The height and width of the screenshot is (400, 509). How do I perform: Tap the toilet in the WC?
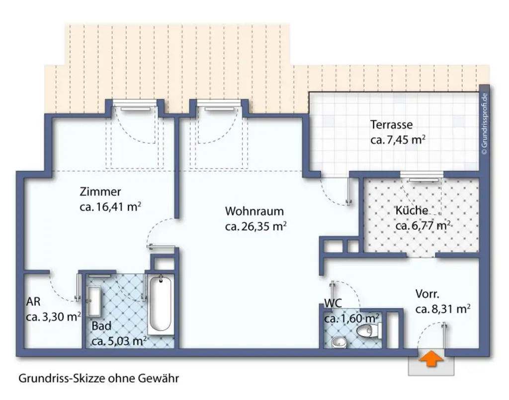click(x=371, y=330)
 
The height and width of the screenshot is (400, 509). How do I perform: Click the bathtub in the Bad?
click(x=161, y=305)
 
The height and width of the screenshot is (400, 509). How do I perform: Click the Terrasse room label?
click(x=391, y=125)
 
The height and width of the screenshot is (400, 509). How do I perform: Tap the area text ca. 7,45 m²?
click(x=398, y=140)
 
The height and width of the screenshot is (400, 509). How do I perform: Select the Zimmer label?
click(x=100, y=192)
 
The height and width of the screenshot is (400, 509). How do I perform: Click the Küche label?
click(x=411, y=210)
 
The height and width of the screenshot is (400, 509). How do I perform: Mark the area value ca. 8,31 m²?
click(x=443, y=309)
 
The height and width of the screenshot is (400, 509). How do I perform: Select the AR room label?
click(x=33, y=301)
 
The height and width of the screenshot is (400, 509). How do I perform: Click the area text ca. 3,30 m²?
click(x=53, y=317)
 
